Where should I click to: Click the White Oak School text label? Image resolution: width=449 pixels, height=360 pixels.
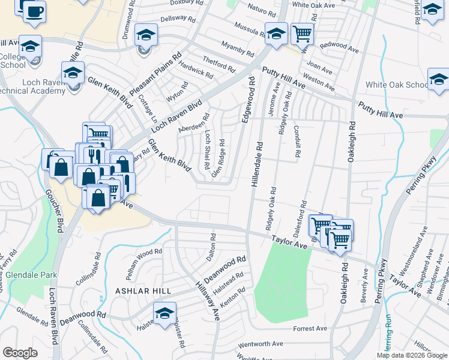pyautogui.click(x=397, y=85)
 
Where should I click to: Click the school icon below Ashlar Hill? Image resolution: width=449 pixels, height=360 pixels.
pyautogui.click(x=164, y=313)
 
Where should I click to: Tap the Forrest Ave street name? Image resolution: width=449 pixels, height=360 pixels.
pyautogui.click(x=310, y=329)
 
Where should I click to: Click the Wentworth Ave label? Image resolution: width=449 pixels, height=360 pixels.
pyautogui.click(x=261, y=345)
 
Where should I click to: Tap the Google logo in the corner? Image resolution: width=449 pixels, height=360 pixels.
pyautogui.click(x=20, y=353)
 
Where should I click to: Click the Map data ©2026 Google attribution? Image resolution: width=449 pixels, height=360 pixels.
pyautogui.click(x=411, y=355)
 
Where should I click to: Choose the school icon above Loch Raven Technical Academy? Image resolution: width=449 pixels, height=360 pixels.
pyautogui.click(x=72, y=73)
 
